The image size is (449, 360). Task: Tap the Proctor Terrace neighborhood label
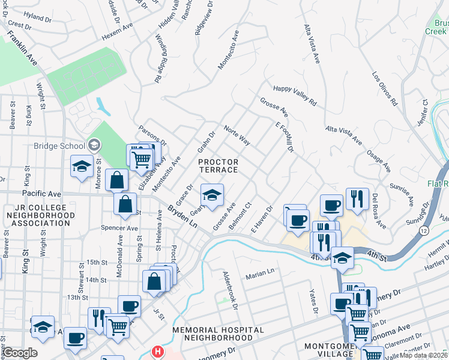(218, 166)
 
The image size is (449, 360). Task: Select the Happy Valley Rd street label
(294, 95)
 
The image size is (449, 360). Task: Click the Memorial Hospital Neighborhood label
(218, 334)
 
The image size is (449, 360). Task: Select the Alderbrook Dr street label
(231, 290)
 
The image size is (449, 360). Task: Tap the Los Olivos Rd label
(385, 89)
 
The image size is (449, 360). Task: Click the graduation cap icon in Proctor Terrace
(211, 195)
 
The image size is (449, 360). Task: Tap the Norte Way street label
(236, 136)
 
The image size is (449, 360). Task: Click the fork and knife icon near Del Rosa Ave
(357, 199)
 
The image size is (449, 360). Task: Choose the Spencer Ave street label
(120, 228)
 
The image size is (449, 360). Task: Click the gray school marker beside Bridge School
(94, 145)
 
